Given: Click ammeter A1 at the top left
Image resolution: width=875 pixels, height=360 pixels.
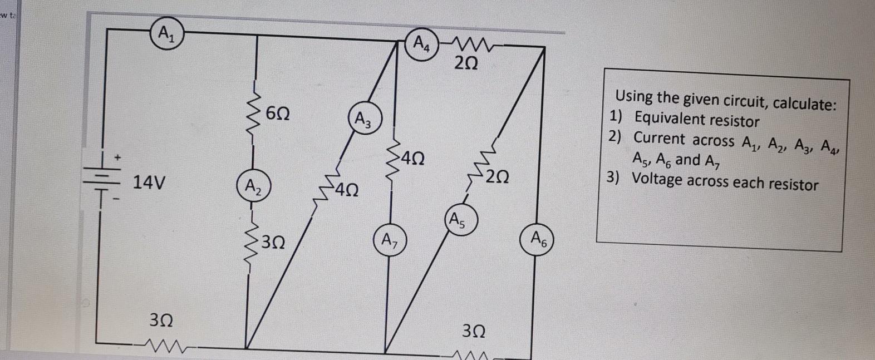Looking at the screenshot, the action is point(165,34).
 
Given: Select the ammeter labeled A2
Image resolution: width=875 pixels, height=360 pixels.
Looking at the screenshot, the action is point(253,185).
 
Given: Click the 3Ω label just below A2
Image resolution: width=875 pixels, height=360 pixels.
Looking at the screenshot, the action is point(273,242).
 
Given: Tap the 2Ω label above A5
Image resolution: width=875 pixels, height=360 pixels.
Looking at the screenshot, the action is point(497,177).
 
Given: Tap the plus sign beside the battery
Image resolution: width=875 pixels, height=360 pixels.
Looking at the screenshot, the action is point(117,157).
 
